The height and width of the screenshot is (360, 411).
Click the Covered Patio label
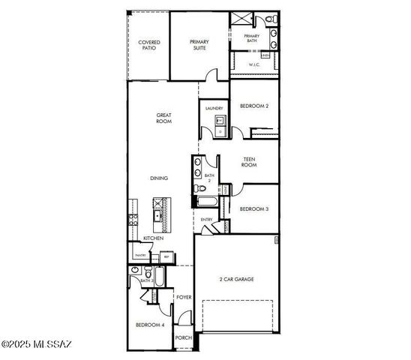click(149, 46)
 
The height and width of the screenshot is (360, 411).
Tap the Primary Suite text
click(199, 44)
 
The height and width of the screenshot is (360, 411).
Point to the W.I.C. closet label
click(255, 65)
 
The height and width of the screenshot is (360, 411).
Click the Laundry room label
click(214, 109)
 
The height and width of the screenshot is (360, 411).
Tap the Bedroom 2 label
click(254, 106)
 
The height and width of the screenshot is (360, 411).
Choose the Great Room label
click(164, 118)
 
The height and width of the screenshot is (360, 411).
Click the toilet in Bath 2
click(197, 187)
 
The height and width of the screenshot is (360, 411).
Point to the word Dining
click(158, 178)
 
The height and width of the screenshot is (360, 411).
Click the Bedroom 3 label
click(254, 208)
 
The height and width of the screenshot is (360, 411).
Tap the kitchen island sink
click(158, 217)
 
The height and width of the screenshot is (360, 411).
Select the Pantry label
click(139, 255)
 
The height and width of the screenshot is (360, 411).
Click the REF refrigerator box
click(165, 256)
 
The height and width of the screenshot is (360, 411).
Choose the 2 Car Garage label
click(235, 279)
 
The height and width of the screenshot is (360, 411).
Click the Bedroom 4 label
click(149, 325)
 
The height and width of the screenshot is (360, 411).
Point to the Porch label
click(184, 337)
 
